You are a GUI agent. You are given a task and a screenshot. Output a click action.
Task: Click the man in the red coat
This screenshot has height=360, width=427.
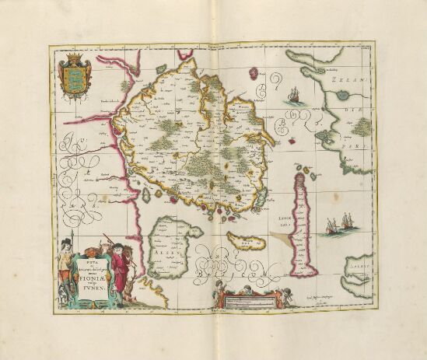coord(118,264)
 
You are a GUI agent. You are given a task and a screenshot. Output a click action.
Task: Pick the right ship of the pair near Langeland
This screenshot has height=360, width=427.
coord(343,227)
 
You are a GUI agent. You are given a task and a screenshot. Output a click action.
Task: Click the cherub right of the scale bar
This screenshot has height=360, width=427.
coord(292,299)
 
